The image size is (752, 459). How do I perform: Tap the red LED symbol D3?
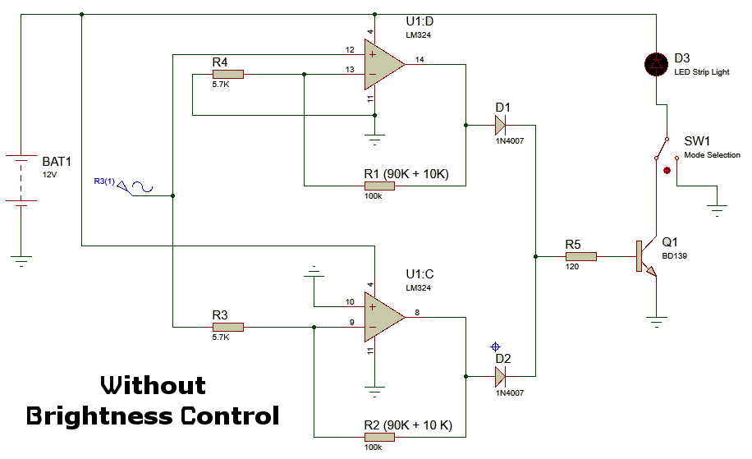tap(657, 64)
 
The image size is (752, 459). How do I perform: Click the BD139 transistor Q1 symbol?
tap(645, 256)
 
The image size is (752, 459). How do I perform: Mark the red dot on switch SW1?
tap(667, 171)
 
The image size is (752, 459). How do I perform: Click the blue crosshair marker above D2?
tap(495, 347)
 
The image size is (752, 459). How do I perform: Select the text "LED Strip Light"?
tap(702, 72)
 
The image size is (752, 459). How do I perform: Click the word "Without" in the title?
tap(153, 385)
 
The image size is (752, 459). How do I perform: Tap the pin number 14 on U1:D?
tap(420, 59)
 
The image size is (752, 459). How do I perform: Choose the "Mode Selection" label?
tap(712, 155)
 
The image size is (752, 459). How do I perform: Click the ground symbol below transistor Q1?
tap(657, 320)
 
